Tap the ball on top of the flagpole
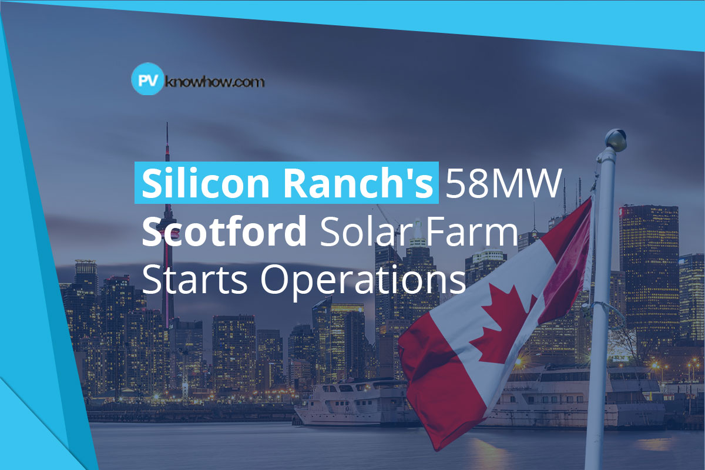click(x=615, y=139)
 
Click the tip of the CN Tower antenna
click(x=167, y=125)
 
